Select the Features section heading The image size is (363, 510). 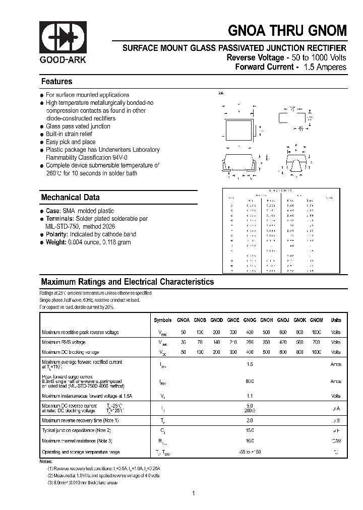tap(56, 82)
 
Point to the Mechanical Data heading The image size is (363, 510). tap(70, 198)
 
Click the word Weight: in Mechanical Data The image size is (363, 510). tap(56, 242)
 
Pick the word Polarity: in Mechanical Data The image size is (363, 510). tap(57, 234)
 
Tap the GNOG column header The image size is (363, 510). tap(250, 320)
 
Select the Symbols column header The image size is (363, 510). tap(162, 320)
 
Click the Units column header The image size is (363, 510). tap(336, 320)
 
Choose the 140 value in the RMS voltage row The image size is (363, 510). tap(216, 342)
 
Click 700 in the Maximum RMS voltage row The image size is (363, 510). tap(316, 342)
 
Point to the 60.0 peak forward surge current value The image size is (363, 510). tap(250, 381)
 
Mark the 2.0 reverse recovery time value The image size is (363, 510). tap(250, 420)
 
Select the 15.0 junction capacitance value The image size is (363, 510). tap(250, 430)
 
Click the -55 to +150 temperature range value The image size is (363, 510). tap(250, 452)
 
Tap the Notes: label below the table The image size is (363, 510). tap(46, 462)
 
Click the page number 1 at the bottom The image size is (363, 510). tap(193, 493)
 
